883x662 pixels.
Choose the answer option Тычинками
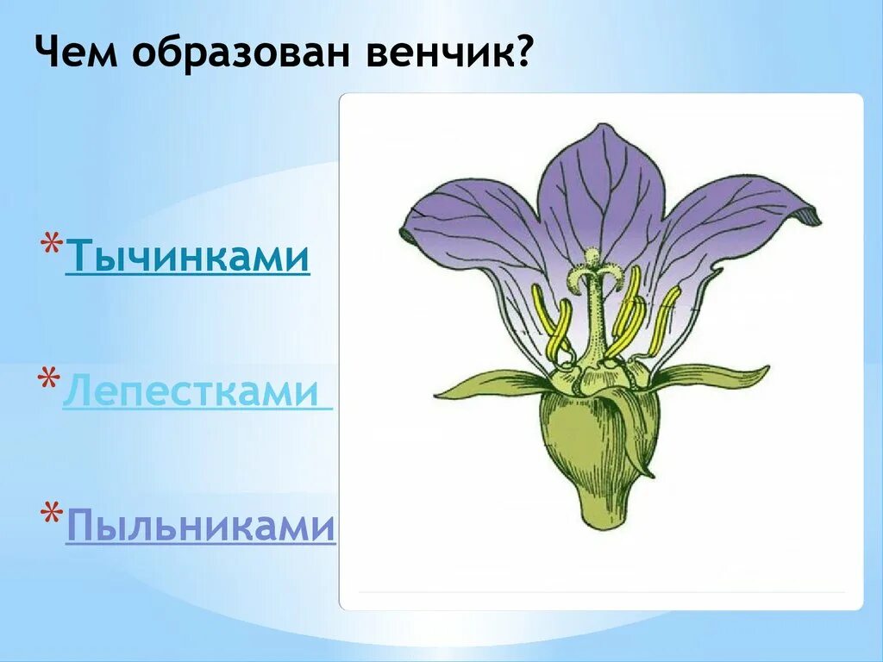click(x=187, y=256)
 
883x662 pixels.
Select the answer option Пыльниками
click(x=200, y=525)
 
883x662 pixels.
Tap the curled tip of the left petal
click(x=407, y=233)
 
